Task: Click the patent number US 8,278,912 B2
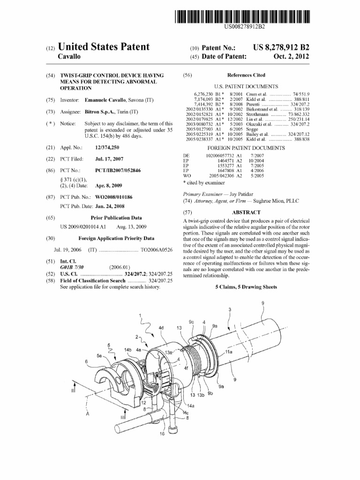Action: (281, 48)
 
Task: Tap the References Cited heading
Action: (246, 75)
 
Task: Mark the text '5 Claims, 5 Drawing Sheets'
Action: (246, 287)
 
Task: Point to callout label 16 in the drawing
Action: (162, 434)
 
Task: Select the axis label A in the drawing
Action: (87, 413)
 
